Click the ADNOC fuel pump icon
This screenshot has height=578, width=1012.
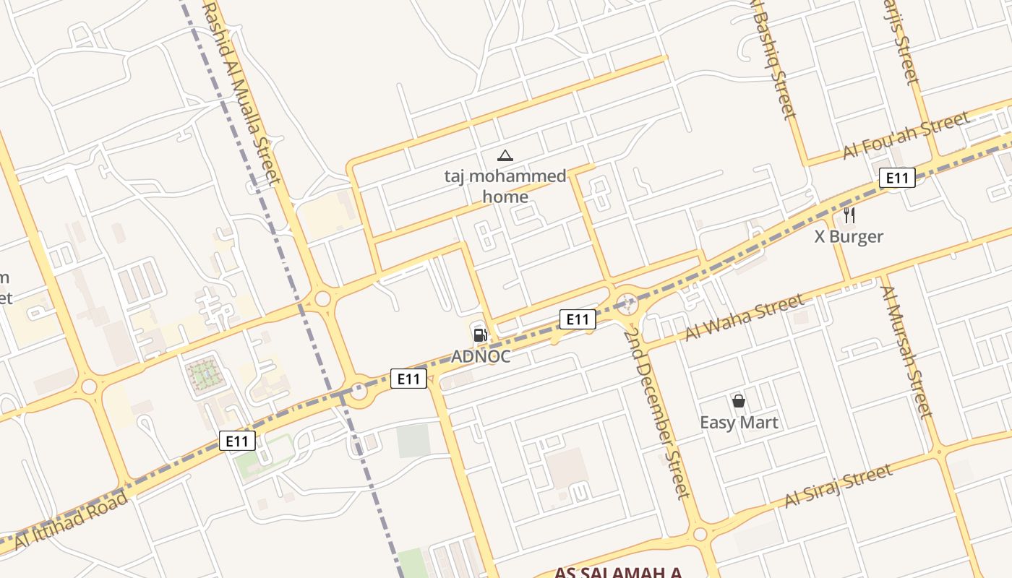tap(479, 335)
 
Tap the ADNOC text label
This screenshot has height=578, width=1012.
tap(481, 356)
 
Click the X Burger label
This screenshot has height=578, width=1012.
tap(849, 236)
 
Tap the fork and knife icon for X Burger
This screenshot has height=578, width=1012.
tap(849, 215)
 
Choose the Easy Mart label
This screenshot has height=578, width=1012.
tap(739, 422)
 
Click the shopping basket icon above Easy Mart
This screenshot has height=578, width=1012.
tap(739, 400)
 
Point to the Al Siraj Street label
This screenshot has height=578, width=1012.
tap(839, 486)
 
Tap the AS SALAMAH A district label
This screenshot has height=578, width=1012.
tap(618, 573)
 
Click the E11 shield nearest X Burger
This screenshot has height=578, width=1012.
tap(897, 178)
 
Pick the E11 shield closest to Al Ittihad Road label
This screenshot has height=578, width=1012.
tap(237, 441)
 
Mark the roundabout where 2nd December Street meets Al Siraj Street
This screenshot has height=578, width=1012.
tap(700, 535)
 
